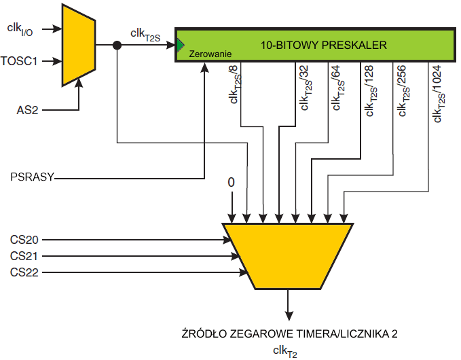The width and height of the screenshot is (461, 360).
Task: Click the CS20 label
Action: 25,240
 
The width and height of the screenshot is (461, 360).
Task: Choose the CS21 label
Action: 25,256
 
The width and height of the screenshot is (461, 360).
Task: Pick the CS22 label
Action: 25,273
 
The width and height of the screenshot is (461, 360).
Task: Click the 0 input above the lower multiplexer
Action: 231,183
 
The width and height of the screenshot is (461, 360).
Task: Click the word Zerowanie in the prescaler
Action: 211,53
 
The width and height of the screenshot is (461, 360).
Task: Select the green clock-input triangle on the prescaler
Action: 180,46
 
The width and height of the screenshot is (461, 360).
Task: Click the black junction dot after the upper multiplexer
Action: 117,46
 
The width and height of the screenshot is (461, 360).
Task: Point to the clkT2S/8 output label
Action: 234,88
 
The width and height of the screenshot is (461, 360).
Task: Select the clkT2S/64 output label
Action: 336,88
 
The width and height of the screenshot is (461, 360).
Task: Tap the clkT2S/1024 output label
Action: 437,94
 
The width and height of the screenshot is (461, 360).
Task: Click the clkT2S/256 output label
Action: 403,91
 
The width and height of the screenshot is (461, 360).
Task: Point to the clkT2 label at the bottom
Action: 285,350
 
